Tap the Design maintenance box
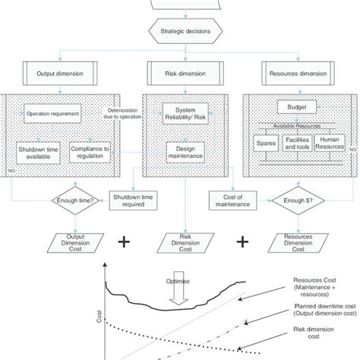point(180,152)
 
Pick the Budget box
point(291,107)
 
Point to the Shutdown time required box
point(131,198)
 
